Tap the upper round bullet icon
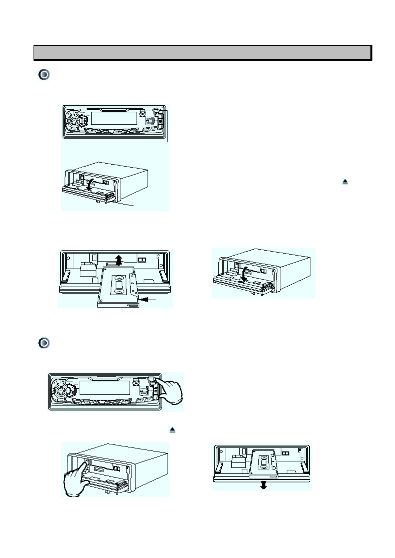click(x=44, y=75)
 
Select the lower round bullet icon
click(x=44, y=343)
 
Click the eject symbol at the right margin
click(x=345, y=182)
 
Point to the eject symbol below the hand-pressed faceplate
click(x=173, y=430)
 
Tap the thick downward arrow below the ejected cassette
click(x=264, y=485)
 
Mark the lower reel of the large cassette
click(x=119, y=292)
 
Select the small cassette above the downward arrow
click(x=263, y=462)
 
